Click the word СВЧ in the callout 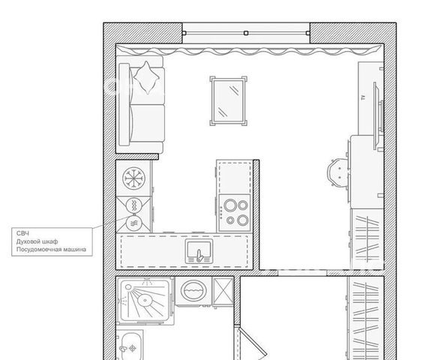click(x=22, y=233)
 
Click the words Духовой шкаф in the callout click(x=37, y=241)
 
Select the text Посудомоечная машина click(x=51, y=250)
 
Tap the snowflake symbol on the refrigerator click(x=133, y=178)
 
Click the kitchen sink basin click(x=199, y=251)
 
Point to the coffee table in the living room click(x=229, y=101)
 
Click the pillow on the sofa click(x=146, y=77)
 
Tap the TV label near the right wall click(x=364, y=97)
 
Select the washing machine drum click(x=193, y=290)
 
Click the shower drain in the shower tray click(x=145, y=300)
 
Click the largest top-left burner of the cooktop click(x=230, y=205)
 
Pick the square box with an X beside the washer click(x=223, y=291)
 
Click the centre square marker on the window click(x=246, y=33)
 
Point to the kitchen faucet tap click(x=199, y=256)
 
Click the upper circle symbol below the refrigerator click(x=134, y=205)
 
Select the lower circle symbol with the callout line click(x=134, y=223)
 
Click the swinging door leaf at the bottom click(x=253, y=342)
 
